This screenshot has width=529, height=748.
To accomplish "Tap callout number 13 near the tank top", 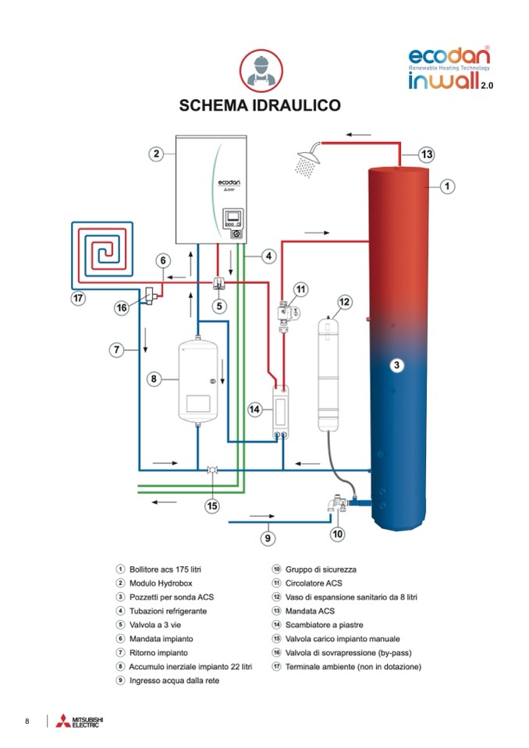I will [x=426, y=154].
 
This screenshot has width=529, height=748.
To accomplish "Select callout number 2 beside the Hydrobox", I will [x=156, y=154].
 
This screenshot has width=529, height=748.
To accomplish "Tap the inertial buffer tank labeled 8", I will [x=198, y=381].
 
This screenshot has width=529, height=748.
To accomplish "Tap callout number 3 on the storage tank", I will [x=396, y=364].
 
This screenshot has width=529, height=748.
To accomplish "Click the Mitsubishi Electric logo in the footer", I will [x=75, y=721].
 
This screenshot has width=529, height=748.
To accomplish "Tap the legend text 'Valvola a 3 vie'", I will [x=157, y=624].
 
